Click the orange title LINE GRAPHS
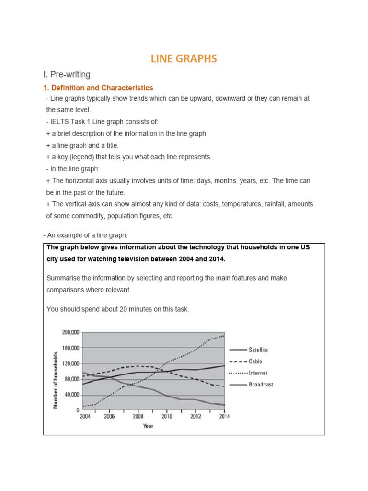pyautogui.click(x=184, y=58)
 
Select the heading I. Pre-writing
pyautogui.click(x=67, y=74)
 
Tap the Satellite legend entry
pyautogui.click(x=258, y=350)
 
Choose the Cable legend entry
pyautogui.click(x=255, y=362)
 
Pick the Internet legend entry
pyautogui.click(x=258, y=373)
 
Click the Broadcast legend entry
pyautogui.click(x=261, y=384)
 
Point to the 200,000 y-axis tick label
pyautogui.click(x=70, y=332)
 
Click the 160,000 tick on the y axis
pyautogui.click(x=70, y=348)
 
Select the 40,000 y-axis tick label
pyautogui.click(x=72, y=395)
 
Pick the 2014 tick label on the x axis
pyautogui.click(x=224, y=417)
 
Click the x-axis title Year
pyautogui.click(x=148, y=426)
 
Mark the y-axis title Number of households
pyautogui.click(x=56, y=380)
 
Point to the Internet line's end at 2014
pyautogui.click(x=224, y=336)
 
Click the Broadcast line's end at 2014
pyautogui.click(x=224, y=405)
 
